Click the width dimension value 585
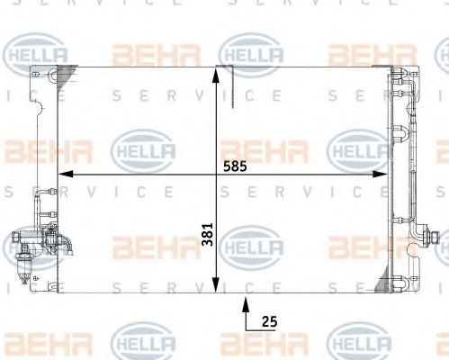pos(233,165)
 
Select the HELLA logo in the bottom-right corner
pos(360,343)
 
